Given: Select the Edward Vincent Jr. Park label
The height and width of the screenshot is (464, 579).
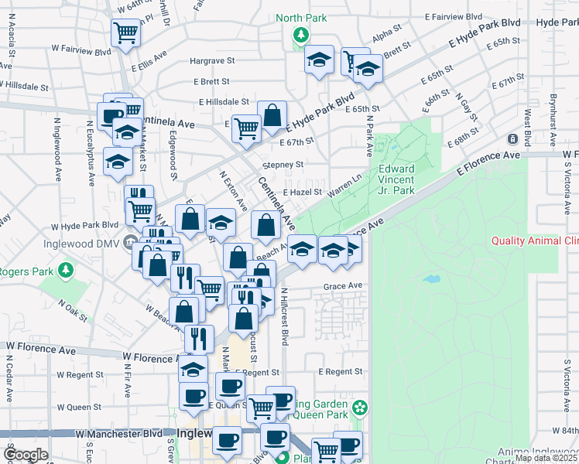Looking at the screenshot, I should [396, 179].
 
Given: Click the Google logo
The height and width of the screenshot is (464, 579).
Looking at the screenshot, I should [26, 455].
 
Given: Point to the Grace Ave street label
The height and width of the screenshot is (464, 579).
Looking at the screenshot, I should [343, 286].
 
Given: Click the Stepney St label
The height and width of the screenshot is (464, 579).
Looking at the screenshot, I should [283, 165].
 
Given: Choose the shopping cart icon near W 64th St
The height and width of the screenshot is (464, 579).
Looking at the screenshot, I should [125, 32].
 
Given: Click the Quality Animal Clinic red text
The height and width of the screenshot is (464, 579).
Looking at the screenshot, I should [535, 241].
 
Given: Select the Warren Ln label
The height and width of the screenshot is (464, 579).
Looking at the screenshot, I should [346, 183].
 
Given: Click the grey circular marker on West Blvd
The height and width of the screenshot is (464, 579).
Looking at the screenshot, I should [512, 139].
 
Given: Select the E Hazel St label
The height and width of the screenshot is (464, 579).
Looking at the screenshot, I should [301, 192].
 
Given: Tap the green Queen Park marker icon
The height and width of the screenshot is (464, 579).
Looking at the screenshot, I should [359, 407].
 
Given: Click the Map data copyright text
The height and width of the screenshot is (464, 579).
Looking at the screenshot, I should [546, 458].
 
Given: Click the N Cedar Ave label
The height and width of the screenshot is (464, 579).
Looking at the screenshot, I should [9, 379].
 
